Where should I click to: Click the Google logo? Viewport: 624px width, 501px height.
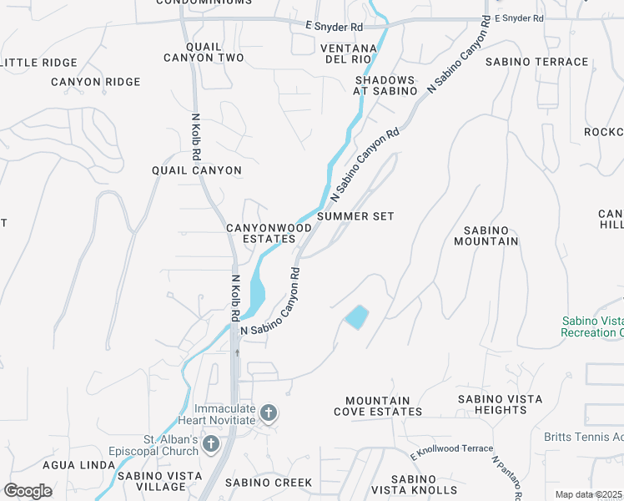(x=28, y=491)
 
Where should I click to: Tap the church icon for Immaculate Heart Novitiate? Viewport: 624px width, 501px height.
(x=269, y=412)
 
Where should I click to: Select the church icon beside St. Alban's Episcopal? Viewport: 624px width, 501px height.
(x=211, y=443)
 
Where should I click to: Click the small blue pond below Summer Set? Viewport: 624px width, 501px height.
(x=356, y=317)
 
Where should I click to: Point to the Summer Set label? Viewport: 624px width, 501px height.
(x=355, y=216)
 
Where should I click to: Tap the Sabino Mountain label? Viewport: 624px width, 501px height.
(x=486, y=235)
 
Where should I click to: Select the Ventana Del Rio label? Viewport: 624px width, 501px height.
(x=350, y=54)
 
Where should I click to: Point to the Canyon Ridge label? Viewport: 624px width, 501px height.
(x=95, y=82)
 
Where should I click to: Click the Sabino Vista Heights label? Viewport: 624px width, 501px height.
(x=493, y=404)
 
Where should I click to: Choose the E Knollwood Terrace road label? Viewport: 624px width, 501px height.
(x=451, y=452)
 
